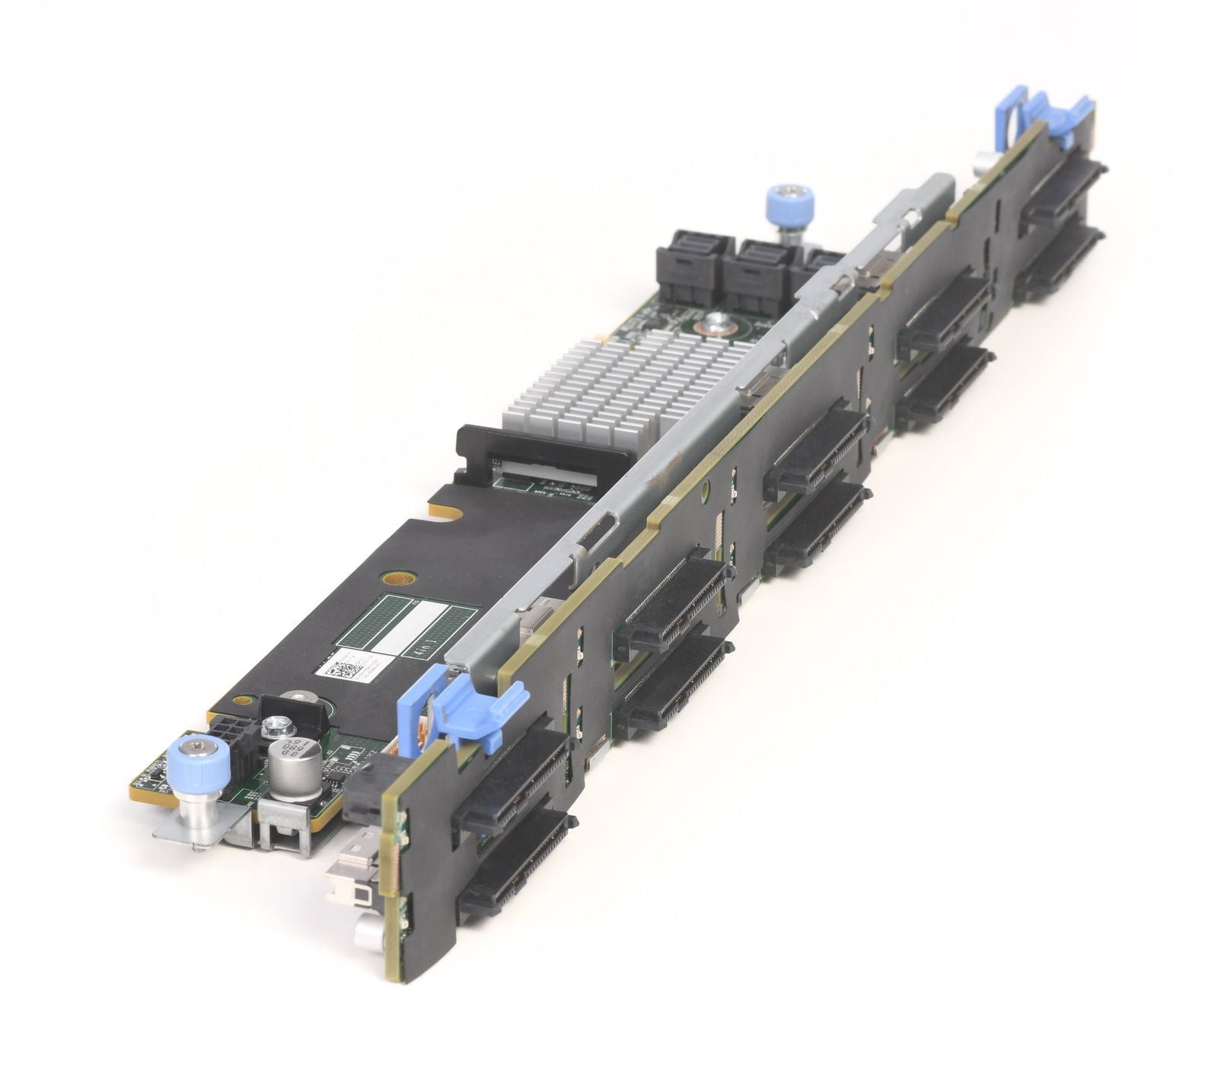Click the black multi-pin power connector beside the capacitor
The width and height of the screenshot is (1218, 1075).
[231, 738]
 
